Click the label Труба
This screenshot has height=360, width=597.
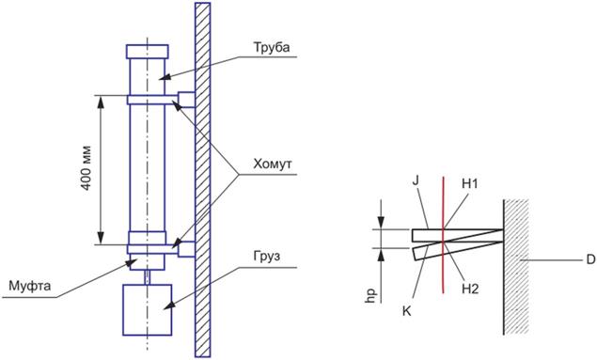[x=272, y=48]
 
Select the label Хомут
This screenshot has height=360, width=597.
[x=273, y=164]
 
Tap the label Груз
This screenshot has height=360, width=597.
[x=266, y=257]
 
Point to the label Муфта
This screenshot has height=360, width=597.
[x=30, y=286]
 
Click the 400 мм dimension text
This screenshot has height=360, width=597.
[x=86, y=168]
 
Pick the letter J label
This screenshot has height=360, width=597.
[x=416, y=180]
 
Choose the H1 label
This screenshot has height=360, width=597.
[x=470, y=184]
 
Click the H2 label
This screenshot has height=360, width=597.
[x=470, y=289]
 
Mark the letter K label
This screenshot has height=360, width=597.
[x=407, y=311]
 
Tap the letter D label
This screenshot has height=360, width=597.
[x=590, y=260]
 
